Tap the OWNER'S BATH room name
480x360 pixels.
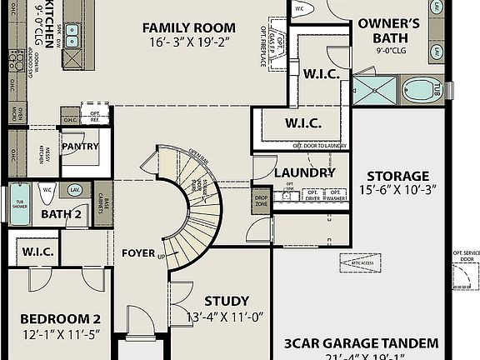pyautogui.click(x=394, y=30)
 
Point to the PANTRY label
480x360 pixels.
pyautogui.click(x=80, y=147)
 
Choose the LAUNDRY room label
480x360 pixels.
pyautogui.click(x=304, y=172)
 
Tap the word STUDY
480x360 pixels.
pyautogui.click(x=226, y=301)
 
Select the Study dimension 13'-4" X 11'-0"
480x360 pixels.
pyautogui.click(x=226, y=317)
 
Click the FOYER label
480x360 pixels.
pyautogui.click(x=138, y=252)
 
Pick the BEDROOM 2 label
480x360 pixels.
pyautogui.click(x=60, y=319)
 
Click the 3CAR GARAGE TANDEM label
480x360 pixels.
pyautogui.click(x=360, y=342)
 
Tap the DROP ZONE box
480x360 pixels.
pyautogui.click(x=261, y=201)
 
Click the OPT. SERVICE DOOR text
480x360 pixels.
pyautogui.click(x=462, y=253)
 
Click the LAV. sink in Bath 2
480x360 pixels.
pyautogui.click(x=74, y=190)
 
